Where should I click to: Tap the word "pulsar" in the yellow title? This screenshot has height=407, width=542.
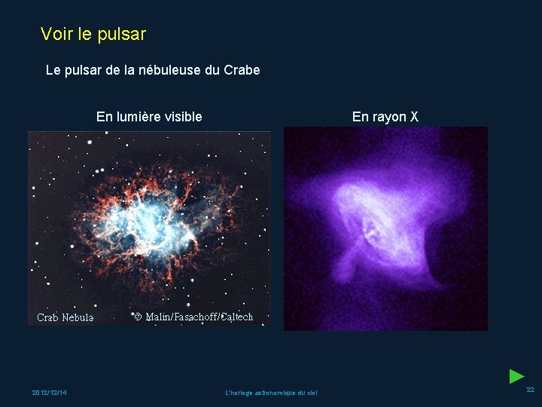(x=122, y=35)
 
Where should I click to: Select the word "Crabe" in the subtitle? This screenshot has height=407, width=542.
(x=242, y=70)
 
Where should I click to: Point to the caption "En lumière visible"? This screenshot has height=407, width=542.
(x=149, y=117)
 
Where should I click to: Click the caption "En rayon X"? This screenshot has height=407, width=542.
(x=385, y=117)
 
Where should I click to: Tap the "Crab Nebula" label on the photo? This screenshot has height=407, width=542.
(x=65, y=317)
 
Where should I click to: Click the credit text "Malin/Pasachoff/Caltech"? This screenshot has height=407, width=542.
(x=199, y=317)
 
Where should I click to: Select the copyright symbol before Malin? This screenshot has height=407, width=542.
(x=138, y=317)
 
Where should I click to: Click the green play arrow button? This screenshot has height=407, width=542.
(x=516, y=376)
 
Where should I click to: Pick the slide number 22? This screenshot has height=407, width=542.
(x=530, y=390)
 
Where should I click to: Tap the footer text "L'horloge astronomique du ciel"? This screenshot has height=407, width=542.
(x=271, y=393)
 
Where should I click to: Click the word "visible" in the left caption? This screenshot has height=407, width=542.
(x=182, y=117)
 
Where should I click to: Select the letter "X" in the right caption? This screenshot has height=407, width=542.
(x=413, y=117)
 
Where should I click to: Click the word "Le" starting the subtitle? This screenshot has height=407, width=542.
(x=53, y=70)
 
